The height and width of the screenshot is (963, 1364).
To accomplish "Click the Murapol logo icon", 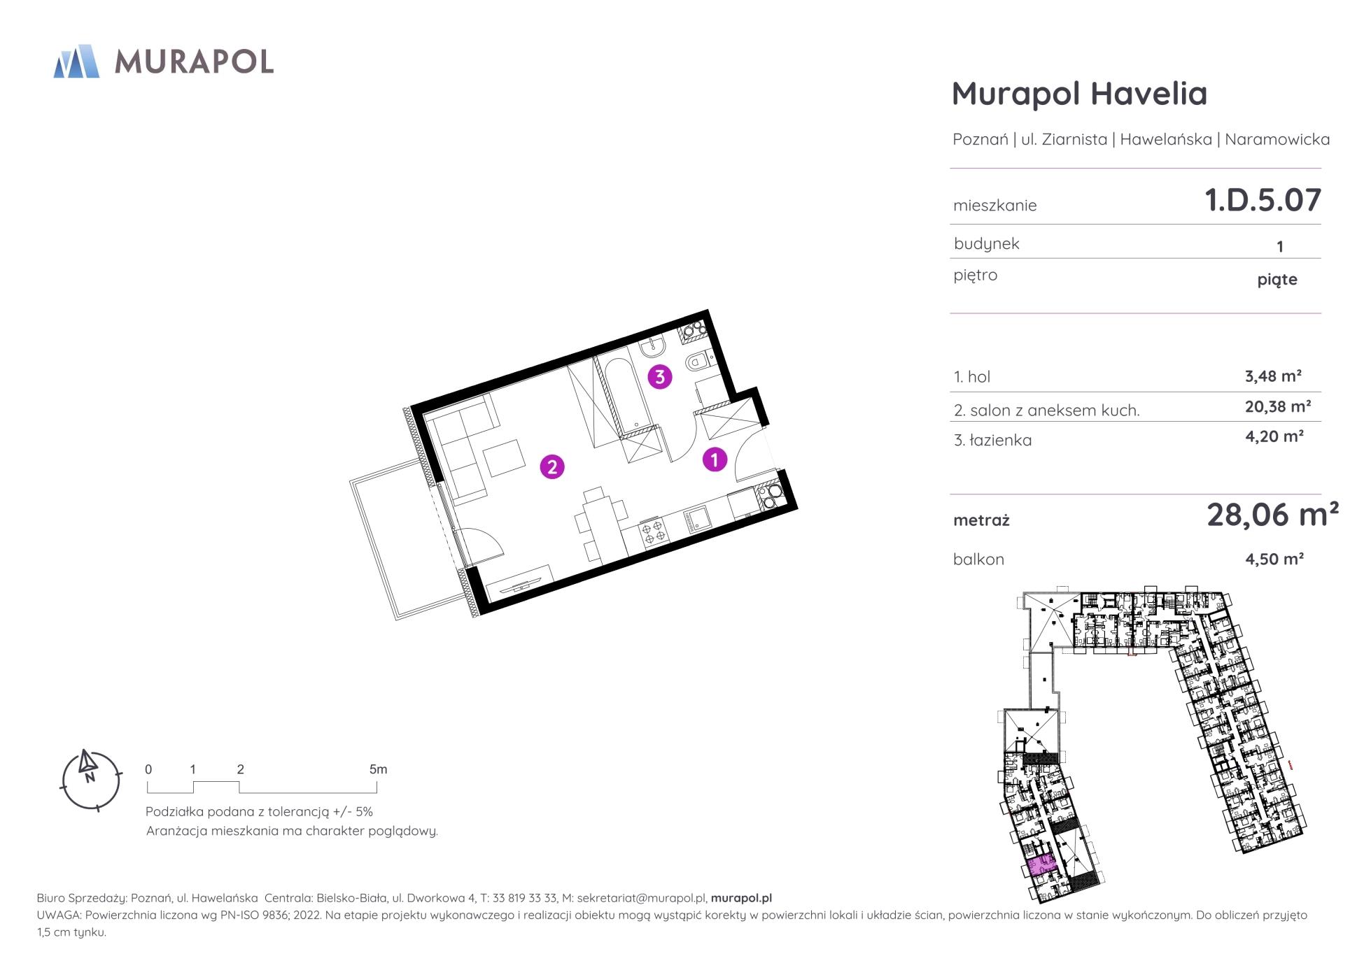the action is [x=76, y=61].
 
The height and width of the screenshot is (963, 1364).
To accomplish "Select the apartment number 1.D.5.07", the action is [x=1263, y=200].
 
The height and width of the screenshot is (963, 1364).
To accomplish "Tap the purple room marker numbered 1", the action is [x=715, y=459].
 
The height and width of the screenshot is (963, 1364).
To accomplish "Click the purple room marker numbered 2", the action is [x=552, y=466].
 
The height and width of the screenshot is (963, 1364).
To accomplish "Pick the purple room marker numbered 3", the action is [x=659, y=377].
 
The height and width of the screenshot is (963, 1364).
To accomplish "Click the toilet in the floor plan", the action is [x=698, y=361].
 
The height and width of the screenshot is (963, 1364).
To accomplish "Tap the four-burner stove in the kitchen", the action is [x=654, y=531].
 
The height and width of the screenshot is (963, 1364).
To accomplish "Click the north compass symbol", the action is [x=91, y=780].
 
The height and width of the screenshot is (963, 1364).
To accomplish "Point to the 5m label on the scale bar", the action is [x=378, y=769].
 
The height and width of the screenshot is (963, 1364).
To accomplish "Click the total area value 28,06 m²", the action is [x=1272, y=515].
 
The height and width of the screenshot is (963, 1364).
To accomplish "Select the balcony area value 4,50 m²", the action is [x=1274, y=559].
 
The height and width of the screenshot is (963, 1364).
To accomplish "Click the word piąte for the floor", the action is [x=1277, y=280].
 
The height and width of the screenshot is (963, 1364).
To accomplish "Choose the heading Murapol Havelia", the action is [x=1079, y=94].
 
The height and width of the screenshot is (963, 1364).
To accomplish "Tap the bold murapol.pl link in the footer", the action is [x=741, y=898].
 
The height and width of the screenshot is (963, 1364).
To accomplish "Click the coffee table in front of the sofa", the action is [x=505, y=458].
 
